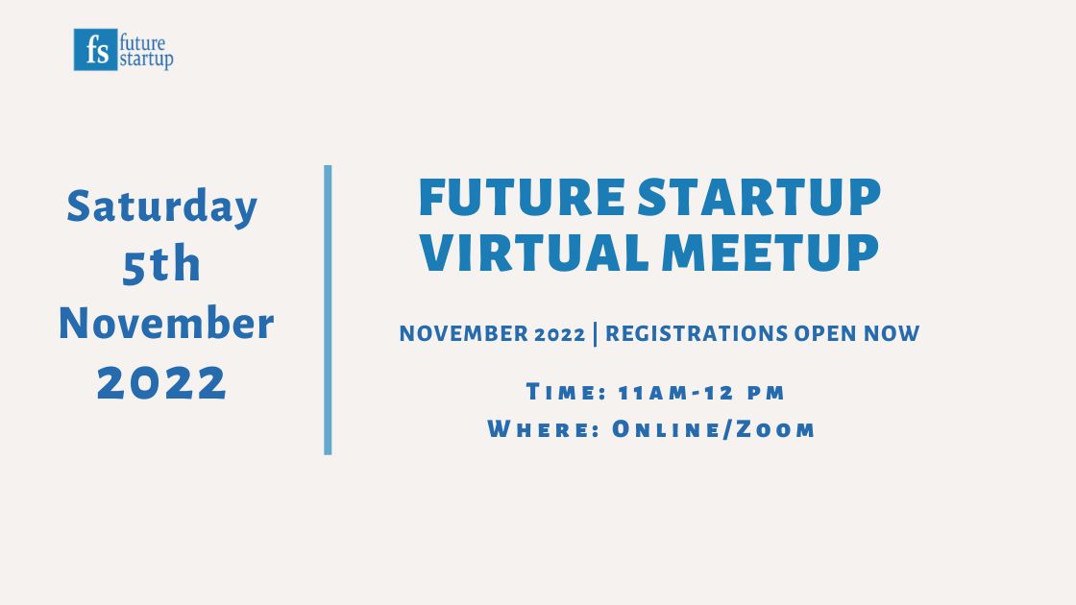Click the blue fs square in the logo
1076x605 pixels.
click(x=95, y=50)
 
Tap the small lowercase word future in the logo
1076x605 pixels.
click(x=142, y=42)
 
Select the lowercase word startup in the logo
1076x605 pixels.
click(x=146, y=60)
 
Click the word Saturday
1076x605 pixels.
click(x=162, y=206)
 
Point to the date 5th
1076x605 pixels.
click(x=161, y=266)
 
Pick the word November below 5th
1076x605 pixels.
click(x=166, y=325)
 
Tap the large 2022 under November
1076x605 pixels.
click(x=162, y=383)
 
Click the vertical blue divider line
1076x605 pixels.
click(x=328, y=309)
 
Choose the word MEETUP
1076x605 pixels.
click(x=770, y=252)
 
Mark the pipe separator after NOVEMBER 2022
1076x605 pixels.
click(x=596, y=334)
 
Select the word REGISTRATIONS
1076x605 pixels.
click(x=697, y=334)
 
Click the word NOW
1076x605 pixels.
click(x=893, y=334)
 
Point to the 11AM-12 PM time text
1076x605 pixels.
click(x=702, y=392)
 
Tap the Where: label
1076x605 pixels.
click(x=544, y=429)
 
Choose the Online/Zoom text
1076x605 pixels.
click(x=714, y=429)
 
